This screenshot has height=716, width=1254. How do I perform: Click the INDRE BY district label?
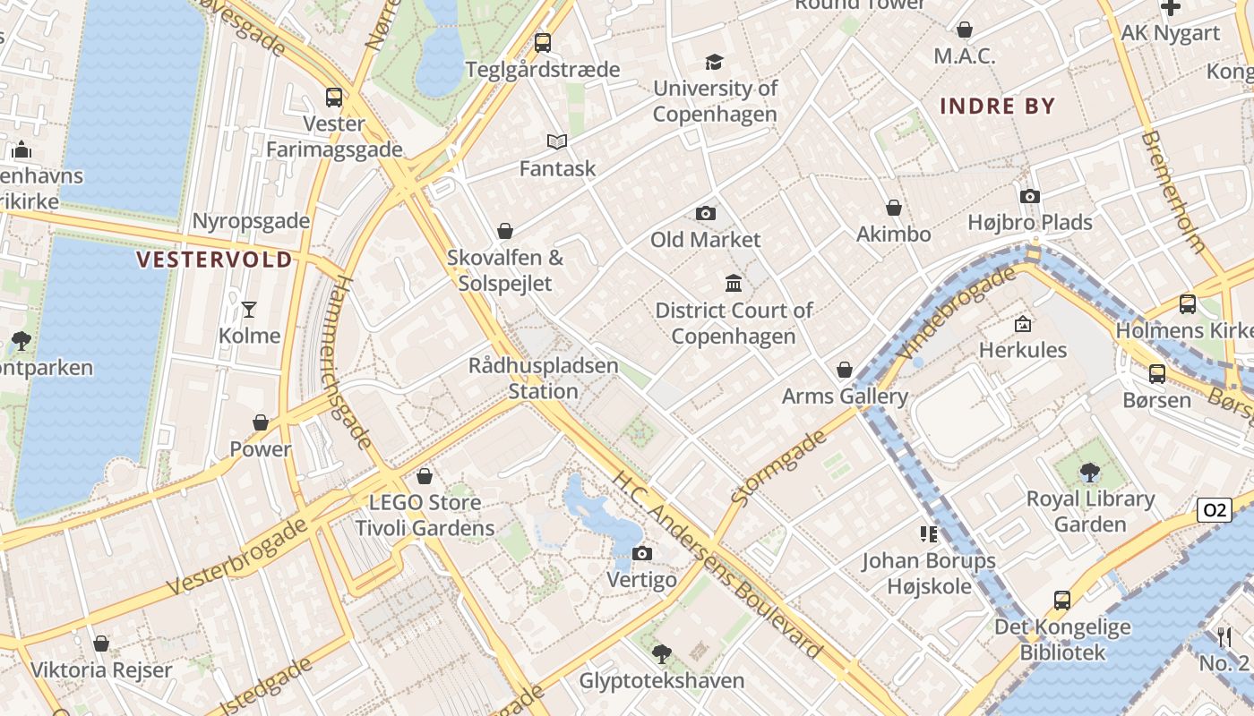pos(997,106)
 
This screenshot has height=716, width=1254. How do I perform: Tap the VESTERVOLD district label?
pos(214,260)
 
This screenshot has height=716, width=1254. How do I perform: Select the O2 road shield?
pos(1213,510)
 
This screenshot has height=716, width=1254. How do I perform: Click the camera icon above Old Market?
pos(706,213)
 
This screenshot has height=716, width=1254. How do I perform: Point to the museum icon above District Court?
pos(734,284)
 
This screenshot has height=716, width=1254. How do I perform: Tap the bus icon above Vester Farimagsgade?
pos(334,97)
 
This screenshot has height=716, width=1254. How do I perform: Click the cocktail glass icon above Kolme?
pos(249,310)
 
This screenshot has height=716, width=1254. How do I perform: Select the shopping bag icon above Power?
pos(261,422)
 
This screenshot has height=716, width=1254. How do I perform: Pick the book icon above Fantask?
pos(557,141)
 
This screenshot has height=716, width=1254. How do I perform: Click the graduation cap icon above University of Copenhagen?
pos(714,62)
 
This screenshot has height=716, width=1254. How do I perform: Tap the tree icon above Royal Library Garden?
pos(1089,472)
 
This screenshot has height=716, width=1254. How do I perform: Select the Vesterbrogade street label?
pos(238,555)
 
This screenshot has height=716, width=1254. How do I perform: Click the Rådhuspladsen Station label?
pos(543,379)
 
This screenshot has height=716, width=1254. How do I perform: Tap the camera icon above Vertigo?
pos(641,553)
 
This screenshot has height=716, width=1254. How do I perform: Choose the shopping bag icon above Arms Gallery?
pos(844,370)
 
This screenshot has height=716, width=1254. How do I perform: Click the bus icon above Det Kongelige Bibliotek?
pos(1062,600)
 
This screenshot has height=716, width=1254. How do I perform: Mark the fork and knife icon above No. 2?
pos(1224,636)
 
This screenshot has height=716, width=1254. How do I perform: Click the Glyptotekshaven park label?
pos(662,680)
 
